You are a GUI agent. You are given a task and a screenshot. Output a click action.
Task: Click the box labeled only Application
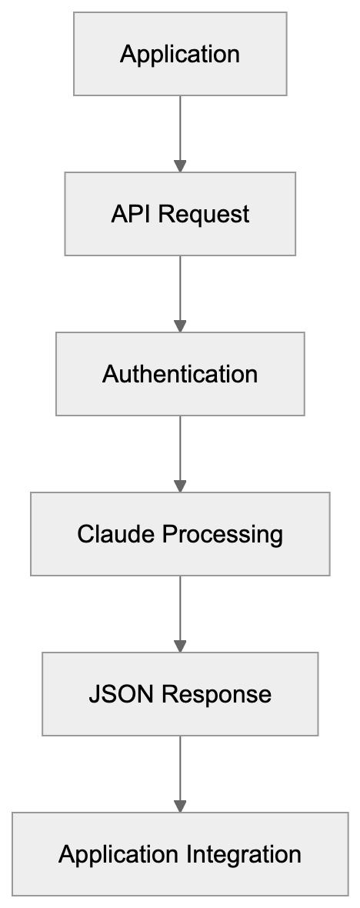180,54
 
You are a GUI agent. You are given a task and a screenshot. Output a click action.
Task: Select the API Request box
180,214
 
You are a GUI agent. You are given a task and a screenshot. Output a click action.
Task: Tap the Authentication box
180,374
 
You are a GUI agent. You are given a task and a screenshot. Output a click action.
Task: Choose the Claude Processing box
180,534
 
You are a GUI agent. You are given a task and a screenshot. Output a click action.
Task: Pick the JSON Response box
180,694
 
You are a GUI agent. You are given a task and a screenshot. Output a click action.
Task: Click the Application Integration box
180,854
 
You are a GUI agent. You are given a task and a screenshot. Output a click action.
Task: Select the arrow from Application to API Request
180,131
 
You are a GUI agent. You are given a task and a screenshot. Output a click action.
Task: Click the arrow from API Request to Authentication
180,291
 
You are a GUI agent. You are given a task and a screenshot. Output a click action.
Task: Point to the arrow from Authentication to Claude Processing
180,451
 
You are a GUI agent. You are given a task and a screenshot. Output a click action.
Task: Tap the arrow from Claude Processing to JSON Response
180,611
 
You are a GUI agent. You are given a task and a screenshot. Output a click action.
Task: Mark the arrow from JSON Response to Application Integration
180,771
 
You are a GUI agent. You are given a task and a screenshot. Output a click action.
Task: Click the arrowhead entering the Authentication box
180,326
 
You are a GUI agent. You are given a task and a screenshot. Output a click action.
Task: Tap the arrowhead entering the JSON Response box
180,646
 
